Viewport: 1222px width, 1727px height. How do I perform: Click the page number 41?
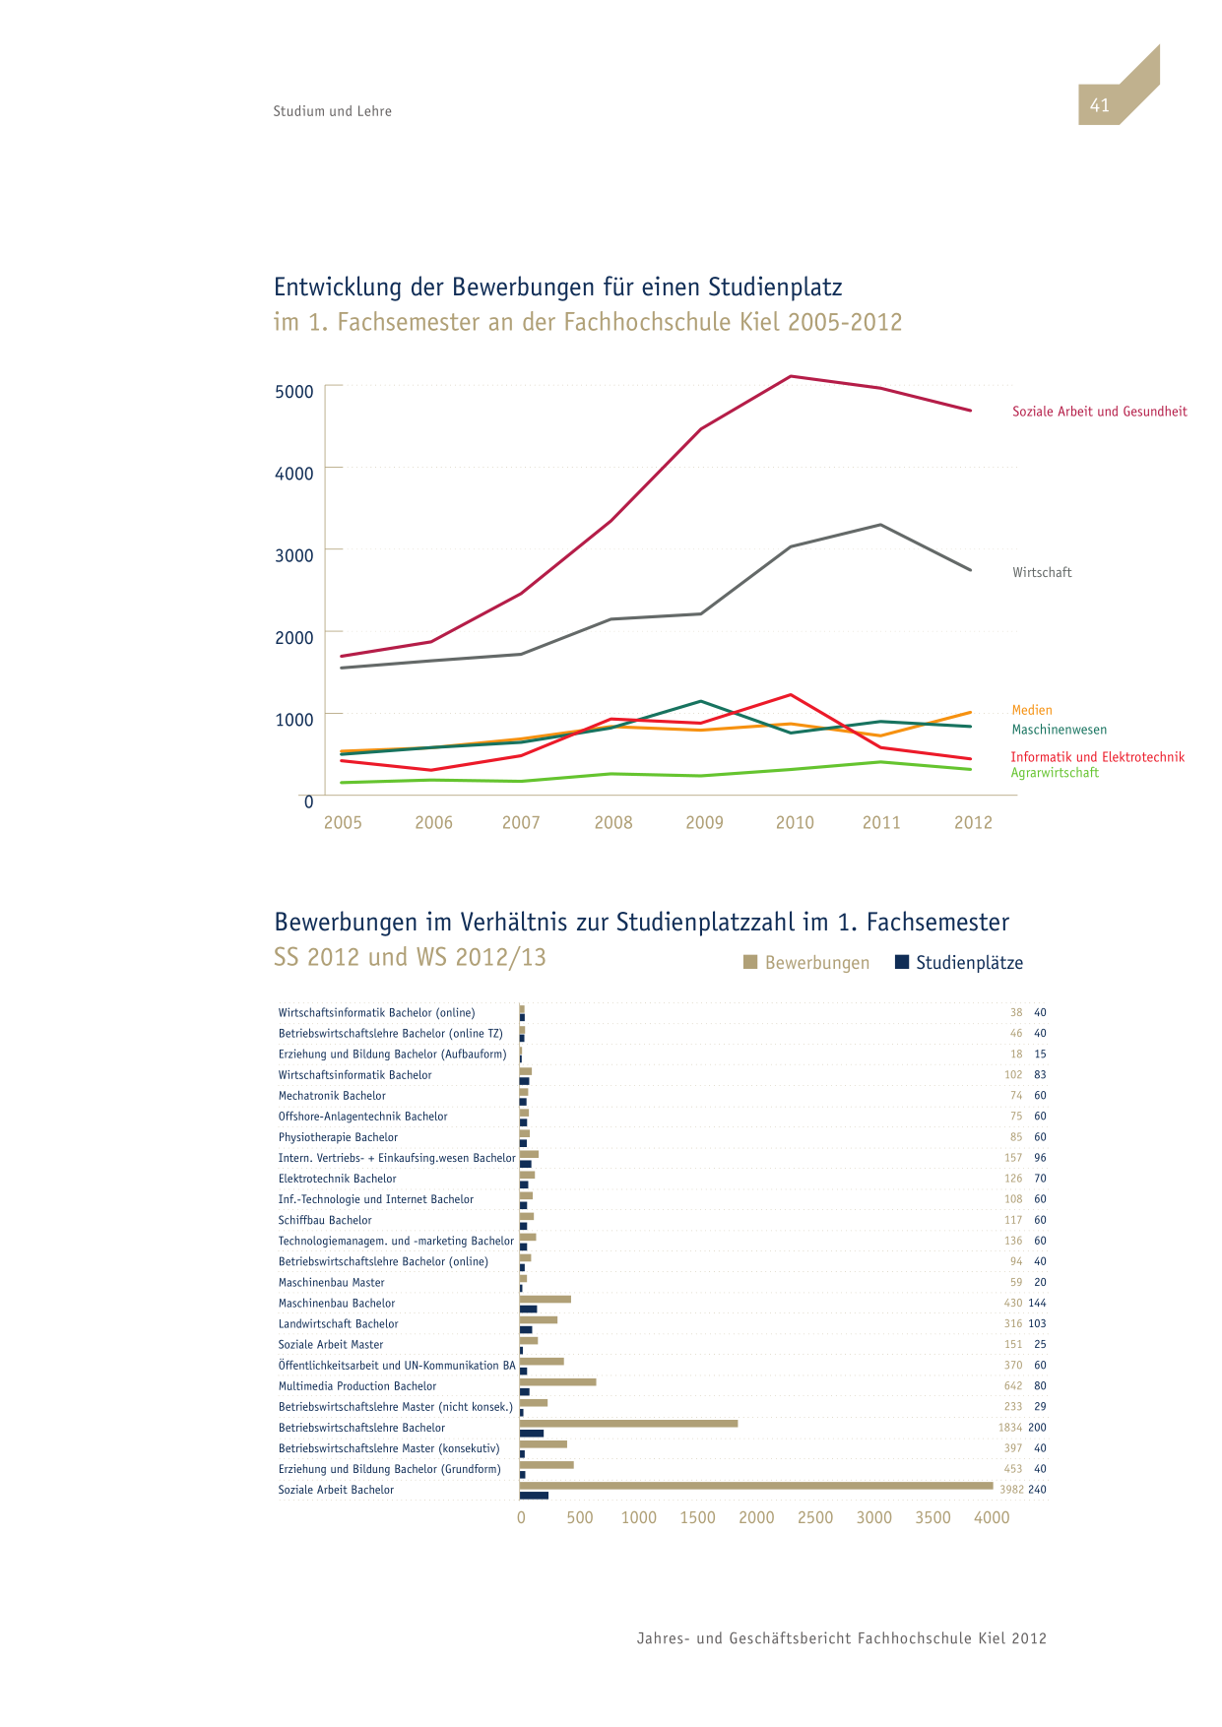pyautogui.click(x=1099, y=105)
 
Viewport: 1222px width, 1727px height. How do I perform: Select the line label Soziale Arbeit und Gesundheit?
pyautogui.click(x=1100, y=412)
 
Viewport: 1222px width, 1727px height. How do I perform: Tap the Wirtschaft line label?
pyautogui.click(x=1042, y=572)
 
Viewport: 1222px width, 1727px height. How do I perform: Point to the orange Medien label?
pyautogui.click(x=1032, y=710)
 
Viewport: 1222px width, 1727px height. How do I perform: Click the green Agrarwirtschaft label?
pyautogui.click(x=1055, y=773)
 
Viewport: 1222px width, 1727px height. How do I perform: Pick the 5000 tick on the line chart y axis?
pyautogui.click(x=294, y=392)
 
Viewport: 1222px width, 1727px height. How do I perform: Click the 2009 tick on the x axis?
pyautogui.click(x=704, y=823)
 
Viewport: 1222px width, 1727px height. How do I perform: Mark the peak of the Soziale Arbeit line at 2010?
pyautogui.click(x=792, y=376)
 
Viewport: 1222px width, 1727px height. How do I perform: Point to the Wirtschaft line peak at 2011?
pyautogui.click(x=880, y=525)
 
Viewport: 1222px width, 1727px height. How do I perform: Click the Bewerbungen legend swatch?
pyautogui.click(x=750, y=962)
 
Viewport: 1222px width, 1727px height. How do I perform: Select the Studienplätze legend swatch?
pyautogui.click(x=901, y=962)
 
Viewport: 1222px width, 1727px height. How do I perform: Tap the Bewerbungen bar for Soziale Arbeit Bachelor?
pyautogui.click(x=756, y=1486)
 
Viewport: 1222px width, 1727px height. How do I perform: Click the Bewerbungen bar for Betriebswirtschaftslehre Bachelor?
pyautogui.click(x=628, y=1424)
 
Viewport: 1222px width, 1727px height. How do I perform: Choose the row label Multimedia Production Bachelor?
pyautogui.click(x=357, y=1386)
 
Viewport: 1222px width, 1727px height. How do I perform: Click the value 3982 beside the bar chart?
pyautogui.click(x=1011, y=1490)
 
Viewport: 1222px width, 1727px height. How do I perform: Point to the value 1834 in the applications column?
pyautogui.click(x=1010, y=1428)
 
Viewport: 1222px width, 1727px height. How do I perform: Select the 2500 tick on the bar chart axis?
pyautogui.click(x=815, y=1518)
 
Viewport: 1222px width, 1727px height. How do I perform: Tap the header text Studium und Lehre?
pyautogui.click(x=333, y=111)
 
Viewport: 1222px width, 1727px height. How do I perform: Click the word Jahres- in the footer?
pyautogui.click(x=663, y=1639)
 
